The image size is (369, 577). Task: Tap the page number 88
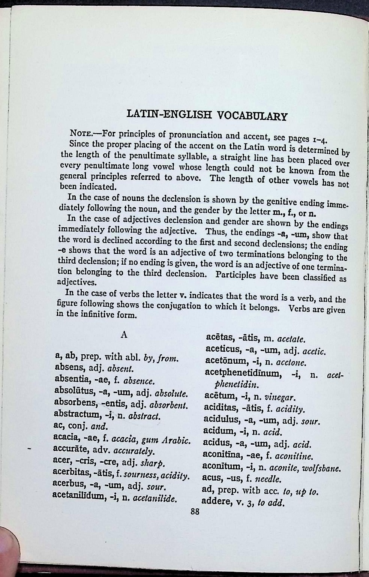pos(195,512)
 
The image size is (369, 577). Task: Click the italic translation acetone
pos(291,363)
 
